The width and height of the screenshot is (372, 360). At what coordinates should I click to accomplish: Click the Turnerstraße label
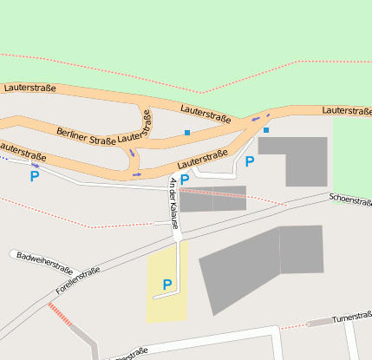click(x=352, y=317)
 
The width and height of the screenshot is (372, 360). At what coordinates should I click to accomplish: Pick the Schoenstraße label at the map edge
click(x=350, y=200)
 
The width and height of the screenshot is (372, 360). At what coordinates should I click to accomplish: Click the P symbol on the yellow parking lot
click(x=167, y=285)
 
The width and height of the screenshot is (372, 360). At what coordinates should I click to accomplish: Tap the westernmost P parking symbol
click(x=35, y=176)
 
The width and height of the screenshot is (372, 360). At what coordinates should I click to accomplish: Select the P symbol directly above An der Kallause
click(x=185, y=179)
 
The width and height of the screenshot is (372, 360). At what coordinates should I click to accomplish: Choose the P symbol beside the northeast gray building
click(x=250, y=161)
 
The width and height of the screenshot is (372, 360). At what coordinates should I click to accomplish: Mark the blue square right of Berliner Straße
click(x=187, y=133)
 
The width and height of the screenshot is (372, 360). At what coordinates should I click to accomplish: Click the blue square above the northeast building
click(x=266, y=130)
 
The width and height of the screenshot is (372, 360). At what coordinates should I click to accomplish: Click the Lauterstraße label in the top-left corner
click(x=29, y=88)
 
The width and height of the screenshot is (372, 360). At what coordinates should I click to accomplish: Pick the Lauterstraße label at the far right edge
click(x=346, y=111)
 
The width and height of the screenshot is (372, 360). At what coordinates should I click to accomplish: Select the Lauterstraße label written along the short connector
click(x=140, y=131)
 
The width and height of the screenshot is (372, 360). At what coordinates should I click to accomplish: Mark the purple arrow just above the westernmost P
click(x=36, y=164)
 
